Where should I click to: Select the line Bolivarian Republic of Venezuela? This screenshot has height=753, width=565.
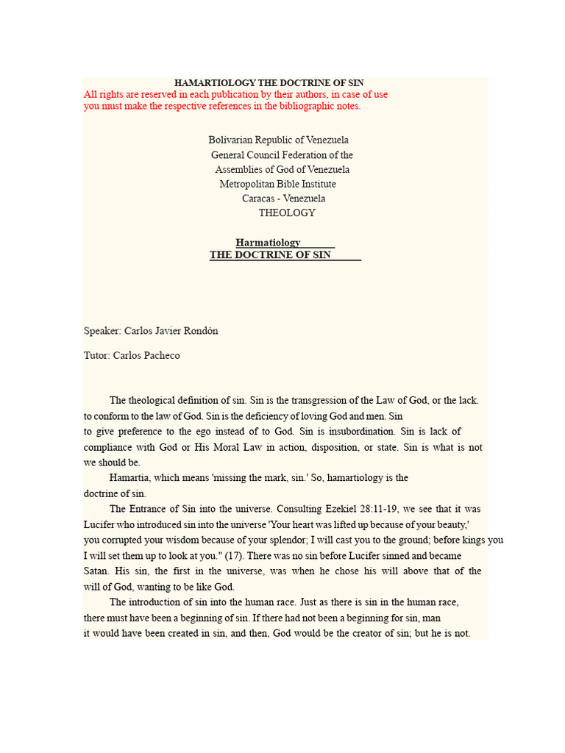tap(279, 140)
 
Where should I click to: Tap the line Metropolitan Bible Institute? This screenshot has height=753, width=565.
tap(277, 184)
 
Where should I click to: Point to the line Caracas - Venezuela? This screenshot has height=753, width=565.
tap(283, 199)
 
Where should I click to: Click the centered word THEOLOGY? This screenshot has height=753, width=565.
tap(287, 213)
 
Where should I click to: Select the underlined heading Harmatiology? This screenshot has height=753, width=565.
tap(268, 243)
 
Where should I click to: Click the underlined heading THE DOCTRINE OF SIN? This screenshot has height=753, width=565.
tap(270, 255)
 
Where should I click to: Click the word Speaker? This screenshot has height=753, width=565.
tap(102, 331)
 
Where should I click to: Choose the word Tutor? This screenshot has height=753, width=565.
tap(96, 356)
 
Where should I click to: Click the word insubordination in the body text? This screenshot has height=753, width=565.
tap(360, 432)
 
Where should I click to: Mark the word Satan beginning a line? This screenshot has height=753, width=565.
tap(96, 571)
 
